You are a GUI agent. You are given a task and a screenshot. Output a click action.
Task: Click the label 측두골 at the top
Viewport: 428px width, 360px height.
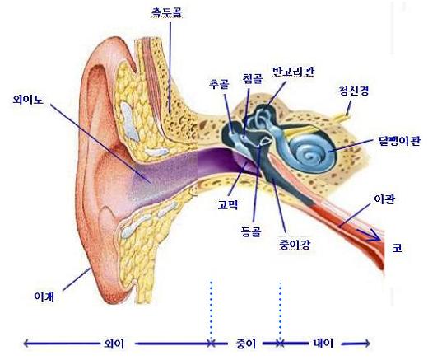(x=166, y=12)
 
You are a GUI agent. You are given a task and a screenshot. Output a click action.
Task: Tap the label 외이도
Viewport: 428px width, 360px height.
(x=28, y=99)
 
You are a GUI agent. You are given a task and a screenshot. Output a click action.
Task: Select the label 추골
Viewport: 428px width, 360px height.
(x=219, y=84)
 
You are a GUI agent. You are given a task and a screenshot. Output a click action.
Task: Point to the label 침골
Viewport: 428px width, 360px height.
(x=253, y=78)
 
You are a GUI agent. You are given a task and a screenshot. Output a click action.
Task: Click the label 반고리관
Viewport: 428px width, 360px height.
(x=293, y=72)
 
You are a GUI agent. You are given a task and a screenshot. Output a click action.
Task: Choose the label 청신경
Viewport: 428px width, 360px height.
(x=353, y=91)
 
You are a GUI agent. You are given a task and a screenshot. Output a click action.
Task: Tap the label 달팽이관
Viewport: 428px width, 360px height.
(x=399, y=141)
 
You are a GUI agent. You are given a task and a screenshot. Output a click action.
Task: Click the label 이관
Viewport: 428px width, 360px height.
(x=384, y=199)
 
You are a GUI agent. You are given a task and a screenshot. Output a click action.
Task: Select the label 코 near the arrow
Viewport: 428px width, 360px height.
(x=398, y=248)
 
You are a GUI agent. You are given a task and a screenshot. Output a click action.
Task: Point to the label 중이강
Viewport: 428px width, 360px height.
(x=295, y=245)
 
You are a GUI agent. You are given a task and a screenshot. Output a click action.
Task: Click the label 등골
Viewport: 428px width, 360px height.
(x=251, y=231)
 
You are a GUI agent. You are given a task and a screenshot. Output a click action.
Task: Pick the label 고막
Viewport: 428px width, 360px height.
(x=228, y=204)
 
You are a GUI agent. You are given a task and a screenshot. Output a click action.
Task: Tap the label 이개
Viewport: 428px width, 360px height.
(x=44, y=297)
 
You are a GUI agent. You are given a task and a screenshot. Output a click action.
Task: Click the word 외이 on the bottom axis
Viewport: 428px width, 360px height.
(x=114, y=344)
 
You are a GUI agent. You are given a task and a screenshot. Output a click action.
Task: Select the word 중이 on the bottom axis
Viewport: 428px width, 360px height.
(x=245, y=344)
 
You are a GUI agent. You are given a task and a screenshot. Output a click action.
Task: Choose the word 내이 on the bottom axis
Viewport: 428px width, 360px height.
(x=323, y=344)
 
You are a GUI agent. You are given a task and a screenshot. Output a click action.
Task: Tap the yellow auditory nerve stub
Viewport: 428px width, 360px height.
(x=342, y=117)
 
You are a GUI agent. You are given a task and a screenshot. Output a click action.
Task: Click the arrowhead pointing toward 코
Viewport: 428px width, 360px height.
(x=375, y=236)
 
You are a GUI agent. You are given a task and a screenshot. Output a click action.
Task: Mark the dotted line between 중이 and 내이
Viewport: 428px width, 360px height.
(x=280, y=311)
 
